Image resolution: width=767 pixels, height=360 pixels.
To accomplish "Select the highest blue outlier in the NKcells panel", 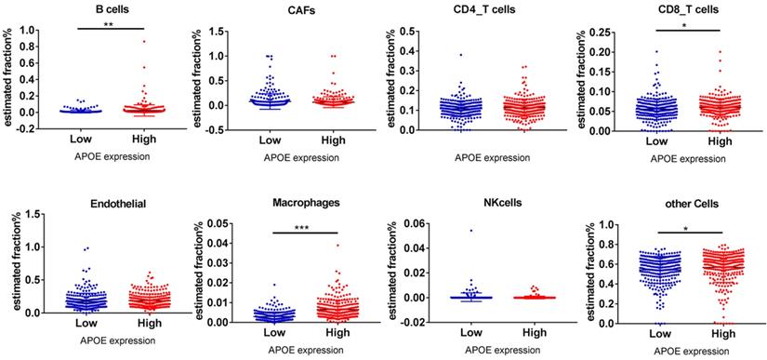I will tap(445, 230).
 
